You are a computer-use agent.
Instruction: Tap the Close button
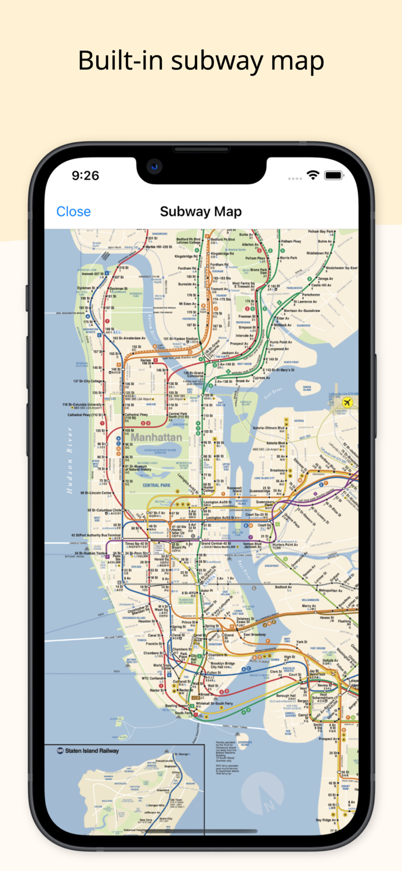click(x=73, y=211)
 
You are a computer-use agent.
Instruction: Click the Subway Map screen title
click(x=201, y=211)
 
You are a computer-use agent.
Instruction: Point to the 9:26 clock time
click(x=85, y=175)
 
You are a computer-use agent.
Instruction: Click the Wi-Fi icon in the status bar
click(x=313, y=175)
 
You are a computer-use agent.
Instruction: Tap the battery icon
click(x=334, y=175)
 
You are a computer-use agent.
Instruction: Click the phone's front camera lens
click(x=154, y=167)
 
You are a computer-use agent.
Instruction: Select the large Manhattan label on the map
click(x=156, y=437)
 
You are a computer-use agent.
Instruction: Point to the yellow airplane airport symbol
click(x=348, y=402)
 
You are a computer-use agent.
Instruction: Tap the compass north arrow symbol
click(x=265, y=794)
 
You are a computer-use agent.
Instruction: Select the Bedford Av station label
click(x=284, y=587)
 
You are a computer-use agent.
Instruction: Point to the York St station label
click(x=301, y=642)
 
